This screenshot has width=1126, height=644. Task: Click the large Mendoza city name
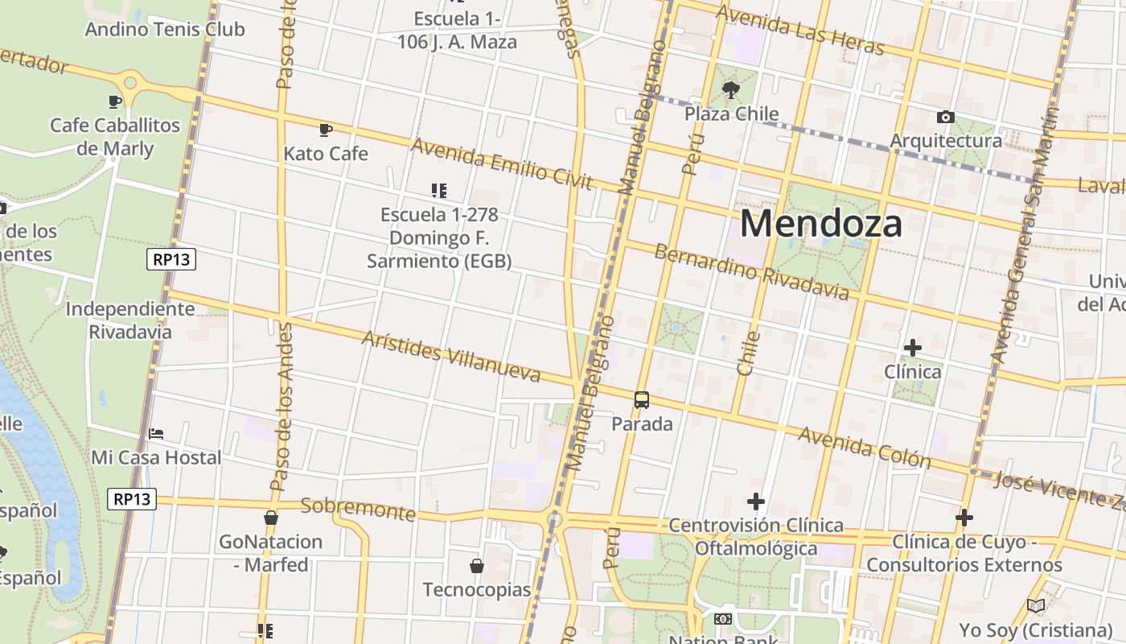point(821,223)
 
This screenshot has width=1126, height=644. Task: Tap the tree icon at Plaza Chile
point(730,89)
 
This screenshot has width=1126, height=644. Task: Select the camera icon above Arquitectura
point(946,118)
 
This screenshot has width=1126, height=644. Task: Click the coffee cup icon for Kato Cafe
point(326,130)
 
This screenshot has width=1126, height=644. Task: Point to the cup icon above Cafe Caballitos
point(115,101)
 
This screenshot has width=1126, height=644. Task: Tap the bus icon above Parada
point(642,400)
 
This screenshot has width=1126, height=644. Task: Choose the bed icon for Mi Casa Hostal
point(156,434)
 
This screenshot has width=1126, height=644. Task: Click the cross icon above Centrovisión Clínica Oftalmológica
point(755,502)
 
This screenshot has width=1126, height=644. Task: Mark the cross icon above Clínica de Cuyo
point(964,518)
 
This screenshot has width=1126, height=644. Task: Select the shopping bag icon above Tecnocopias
point(477,566)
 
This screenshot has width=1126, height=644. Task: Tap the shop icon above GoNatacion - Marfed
point(271,518)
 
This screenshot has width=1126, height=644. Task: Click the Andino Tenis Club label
point(165,30)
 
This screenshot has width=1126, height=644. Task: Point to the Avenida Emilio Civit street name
point(502,164)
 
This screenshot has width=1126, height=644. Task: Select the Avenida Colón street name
point(864,448)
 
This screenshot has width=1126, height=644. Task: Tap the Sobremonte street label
point(358,509)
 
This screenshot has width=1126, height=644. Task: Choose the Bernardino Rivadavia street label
point(751,272)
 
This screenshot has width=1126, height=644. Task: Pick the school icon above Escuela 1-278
point(439,191)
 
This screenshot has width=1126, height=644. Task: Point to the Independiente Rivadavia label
point(130,320)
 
